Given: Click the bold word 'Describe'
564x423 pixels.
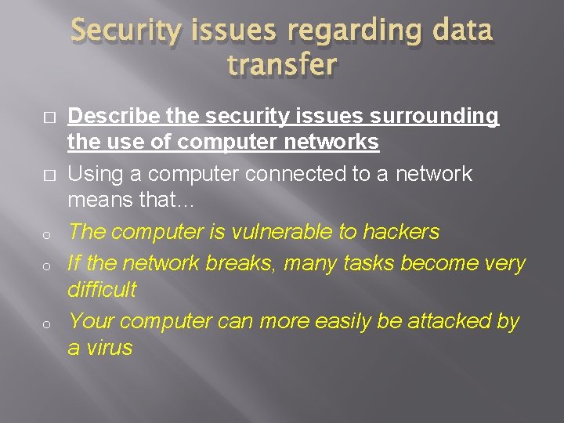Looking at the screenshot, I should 114,117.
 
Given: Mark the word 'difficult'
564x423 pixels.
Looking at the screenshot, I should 102,290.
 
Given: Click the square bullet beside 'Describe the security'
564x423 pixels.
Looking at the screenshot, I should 48,117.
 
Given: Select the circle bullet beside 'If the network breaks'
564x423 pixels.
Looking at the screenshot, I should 48,265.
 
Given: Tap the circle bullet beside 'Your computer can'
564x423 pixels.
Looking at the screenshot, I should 48,323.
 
